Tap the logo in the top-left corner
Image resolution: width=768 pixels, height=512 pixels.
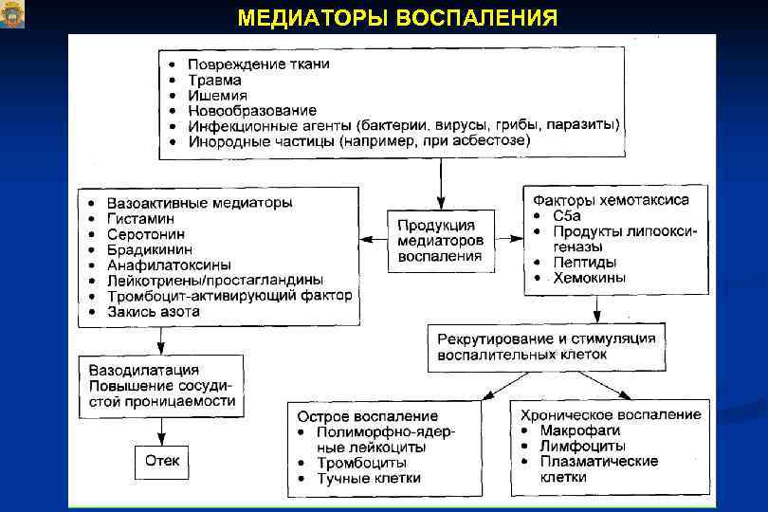click(x=12, y=14)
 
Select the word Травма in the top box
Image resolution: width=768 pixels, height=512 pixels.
click(x=214, y=80)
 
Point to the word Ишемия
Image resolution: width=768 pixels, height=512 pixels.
click(x=217, y=95)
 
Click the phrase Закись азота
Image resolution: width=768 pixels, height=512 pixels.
click(x=153, y=311)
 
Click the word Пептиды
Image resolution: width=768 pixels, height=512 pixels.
click(x=584, y=263)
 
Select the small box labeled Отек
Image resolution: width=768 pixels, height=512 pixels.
click(x=161, y=462)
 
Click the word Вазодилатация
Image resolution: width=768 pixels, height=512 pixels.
click(x=143, y=370)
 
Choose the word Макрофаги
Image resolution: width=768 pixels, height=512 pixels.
click(x=579, y=430)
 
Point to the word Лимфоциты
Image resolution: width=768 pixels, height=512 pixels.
click(x=582, y=446)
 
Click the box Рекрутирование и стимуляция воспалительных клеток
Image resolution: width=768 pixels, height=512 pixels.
click(x=545, y=346)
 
